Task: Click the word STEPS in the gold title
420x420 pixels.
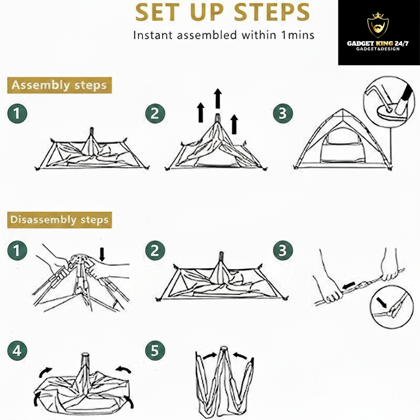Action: [x=272, y=12]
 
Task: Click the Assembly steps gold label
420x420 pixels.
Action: [x=59, y=85]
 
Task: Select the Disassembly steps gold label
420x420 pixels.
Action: [x=59, y=220]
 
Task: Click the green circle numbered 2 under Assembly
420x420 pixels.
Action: [x=155, y=114]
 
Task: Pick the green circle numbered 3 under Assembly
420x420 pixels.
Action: [x=283, y=114]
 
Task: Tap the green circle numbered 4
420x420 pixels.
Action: [x=17, y=351]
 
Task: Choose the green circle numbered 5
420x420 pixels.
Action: [x=155, y=351]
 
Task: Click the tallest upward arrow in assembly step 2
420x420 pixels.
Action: [x=218, y=98]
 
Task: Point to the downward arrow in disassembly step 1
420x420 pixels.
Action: [x=102, y=254]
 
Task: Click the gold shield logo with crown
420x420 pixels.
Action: [x=378, y=25]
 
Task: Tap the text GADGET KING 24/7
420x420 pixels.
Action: [x=378, y=43]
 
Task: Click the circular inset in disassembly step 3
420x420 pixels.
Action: [x=391, y=307]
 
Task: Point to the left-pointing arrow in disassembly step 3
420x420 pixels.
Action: [x=349, y=286]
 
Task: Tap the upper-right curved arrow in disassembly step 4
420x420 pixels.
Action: [x=123, y=370]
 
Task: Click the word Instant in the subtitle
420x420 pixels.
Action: [x=153, y=35]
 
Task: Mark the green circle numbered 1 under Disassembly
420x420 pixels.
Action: [x=17, y=251]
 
